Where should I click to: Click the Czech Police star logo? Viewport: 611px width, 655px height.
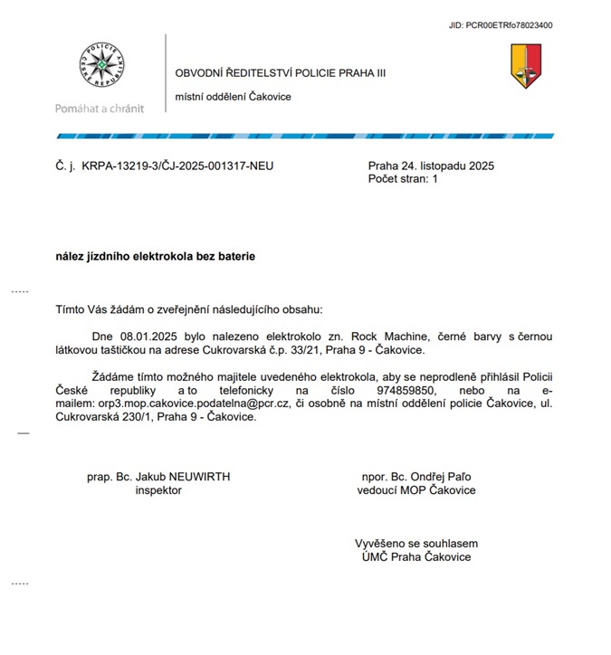101,67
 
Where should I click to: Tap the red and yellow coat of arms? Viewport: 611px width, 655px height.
525,66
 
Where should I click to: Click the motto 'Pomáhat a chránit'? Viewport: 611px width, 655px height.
99,109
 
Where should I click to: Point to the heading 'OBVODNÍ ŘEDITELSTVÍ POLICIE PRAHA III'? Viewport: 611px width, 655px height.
280,73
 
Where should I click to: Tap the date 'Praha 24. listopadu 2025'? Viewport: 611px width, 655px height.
431,166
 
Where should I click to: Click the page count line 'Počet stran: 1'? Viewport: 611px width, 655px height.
403,179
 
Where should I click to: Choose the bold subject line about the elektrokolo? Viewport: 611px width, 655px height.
156,256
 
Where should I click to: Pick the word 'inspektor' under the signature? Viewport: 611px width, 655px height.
158,490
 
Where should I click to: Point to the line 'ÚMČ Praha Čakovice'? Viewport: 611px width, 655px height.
416,557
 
